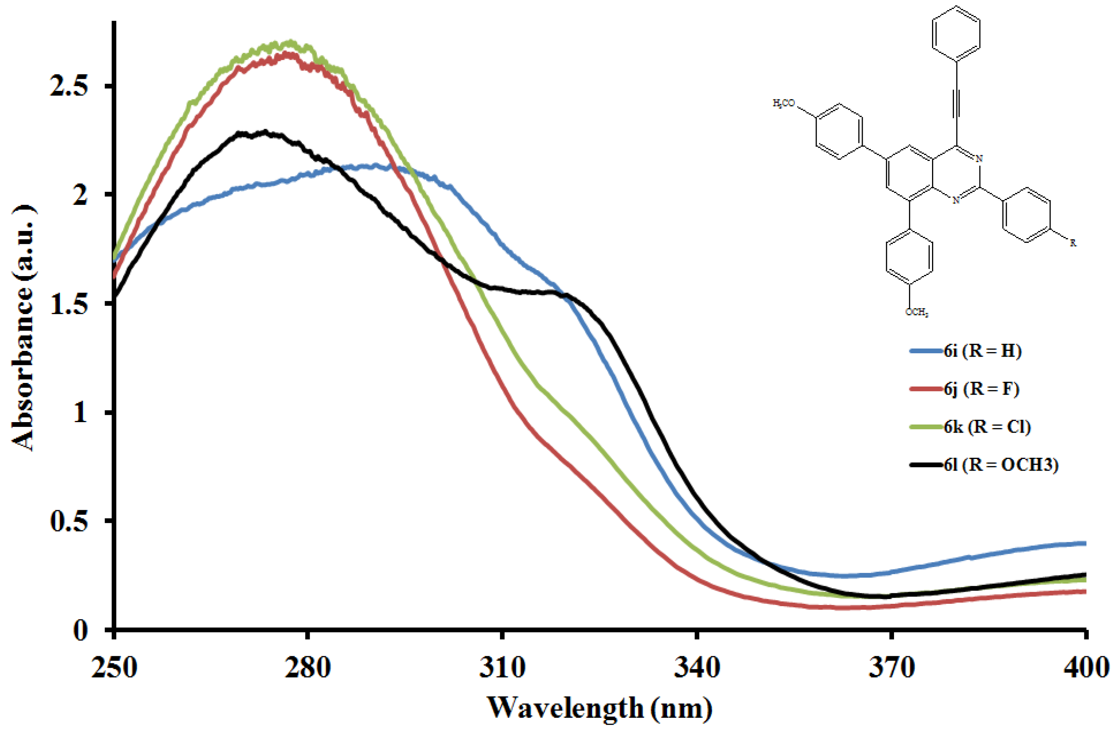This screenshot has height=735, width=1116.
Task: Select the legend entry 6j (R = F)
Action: tap(981, 389)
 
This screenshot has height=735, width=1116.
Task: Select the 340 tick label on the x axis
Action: tap(697, 667)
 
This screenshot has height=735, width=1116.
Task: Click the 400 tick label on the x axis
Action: tap(1086, 667)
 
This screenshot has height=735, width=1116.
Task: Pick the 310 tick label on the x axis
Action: tap(502, 667)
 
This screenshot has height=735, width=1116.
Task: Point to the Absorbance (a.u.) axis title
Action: tap(23, 328)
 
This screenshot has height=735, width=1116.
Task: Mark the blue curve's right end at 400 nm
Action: tap(1084, 544)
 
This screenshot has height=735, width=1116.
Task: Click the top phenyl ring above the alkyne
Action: tap(956, 34)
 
